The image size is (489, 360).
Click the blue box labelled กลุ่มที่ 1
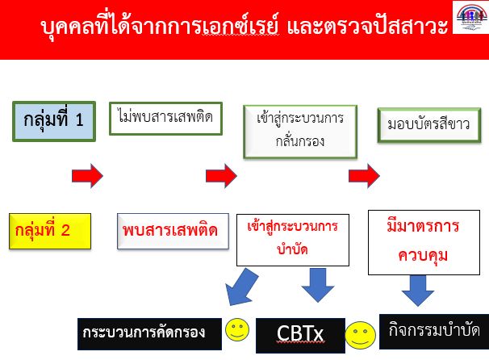click(54, 121)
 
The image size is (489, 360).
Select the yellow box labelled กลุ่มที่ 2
click(50, 231)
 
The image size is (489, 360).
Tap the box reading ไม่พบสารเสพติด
click(165, 119)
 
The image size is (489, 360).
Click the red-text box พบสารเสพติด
click(173, 231)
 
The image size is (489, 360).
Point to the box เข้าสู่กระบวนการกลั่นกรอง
click(300, 132)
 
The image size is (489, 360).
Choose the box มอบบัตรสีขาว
click(429, 125)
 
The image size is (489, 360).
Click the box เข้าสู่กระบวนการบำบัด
click(293, 240)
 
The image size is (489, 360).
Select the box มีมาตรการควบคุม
click(424, 242)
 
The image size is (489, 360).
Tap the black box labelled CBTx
click(300, 335)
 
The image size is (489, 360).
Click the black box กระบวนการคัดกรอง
click(149, 334)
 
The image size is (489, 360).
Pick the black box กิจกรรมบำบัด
click(434, 332)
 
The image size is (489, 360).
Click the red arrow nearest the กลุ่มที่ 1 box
click(87, 176)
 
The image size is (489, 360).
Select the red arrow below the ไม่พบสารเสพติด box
click(221, 176)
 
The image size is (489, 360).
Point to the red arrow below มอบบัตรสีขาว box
click(364, 176)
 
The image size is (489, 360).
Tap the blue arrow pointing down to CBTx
click(318, 285)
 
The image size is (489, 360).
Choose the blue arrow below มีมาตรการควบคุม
click(417, 290)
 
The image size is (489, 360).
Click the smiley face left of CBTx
click(237, 329)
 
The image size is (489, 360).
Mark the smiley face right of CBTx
click(360, 335)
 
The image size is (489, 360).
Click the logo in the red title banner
click(471, 17)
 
